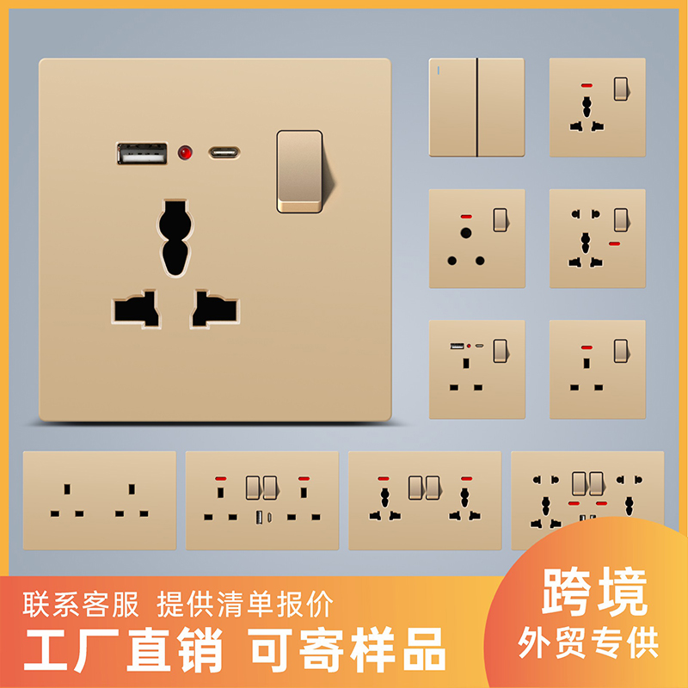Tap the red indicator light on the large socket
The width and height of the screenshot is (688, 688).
click(x=184, y=154)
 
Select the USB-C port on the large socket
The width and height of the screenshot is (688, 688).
click(x=224, y=154)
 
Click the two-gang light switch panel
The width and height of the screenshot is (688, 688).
click(x=476, y=107)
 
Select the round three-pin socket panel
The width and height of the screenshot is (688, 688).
click(x=476, y=238)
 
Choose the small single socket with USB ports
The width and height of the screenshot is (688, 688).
click(x=476, y=369)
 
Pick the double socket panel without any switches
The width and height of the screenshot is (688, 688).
click(x=99, y=501)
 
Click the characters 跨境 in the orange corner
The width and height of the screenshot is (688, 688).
click(x=593, y=593)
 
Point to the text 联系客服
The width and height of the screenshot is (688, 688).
click(x=82, y=605)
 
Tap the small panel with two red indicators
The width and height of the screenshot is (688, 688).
click(x=597, y=238)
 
